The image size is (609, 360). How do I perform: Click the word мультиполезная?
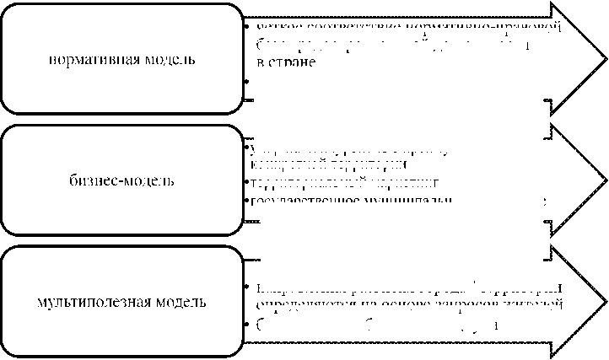point(91,301)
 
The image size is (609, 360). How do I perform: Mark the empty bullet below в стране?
point(245,80)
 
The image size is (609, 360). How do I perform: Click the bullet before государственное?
point(245,201)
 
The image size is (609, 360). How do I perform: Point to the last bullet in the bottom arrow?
point(245,324)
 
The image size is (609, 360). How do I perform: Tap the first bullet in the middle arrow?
point(245,148)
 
